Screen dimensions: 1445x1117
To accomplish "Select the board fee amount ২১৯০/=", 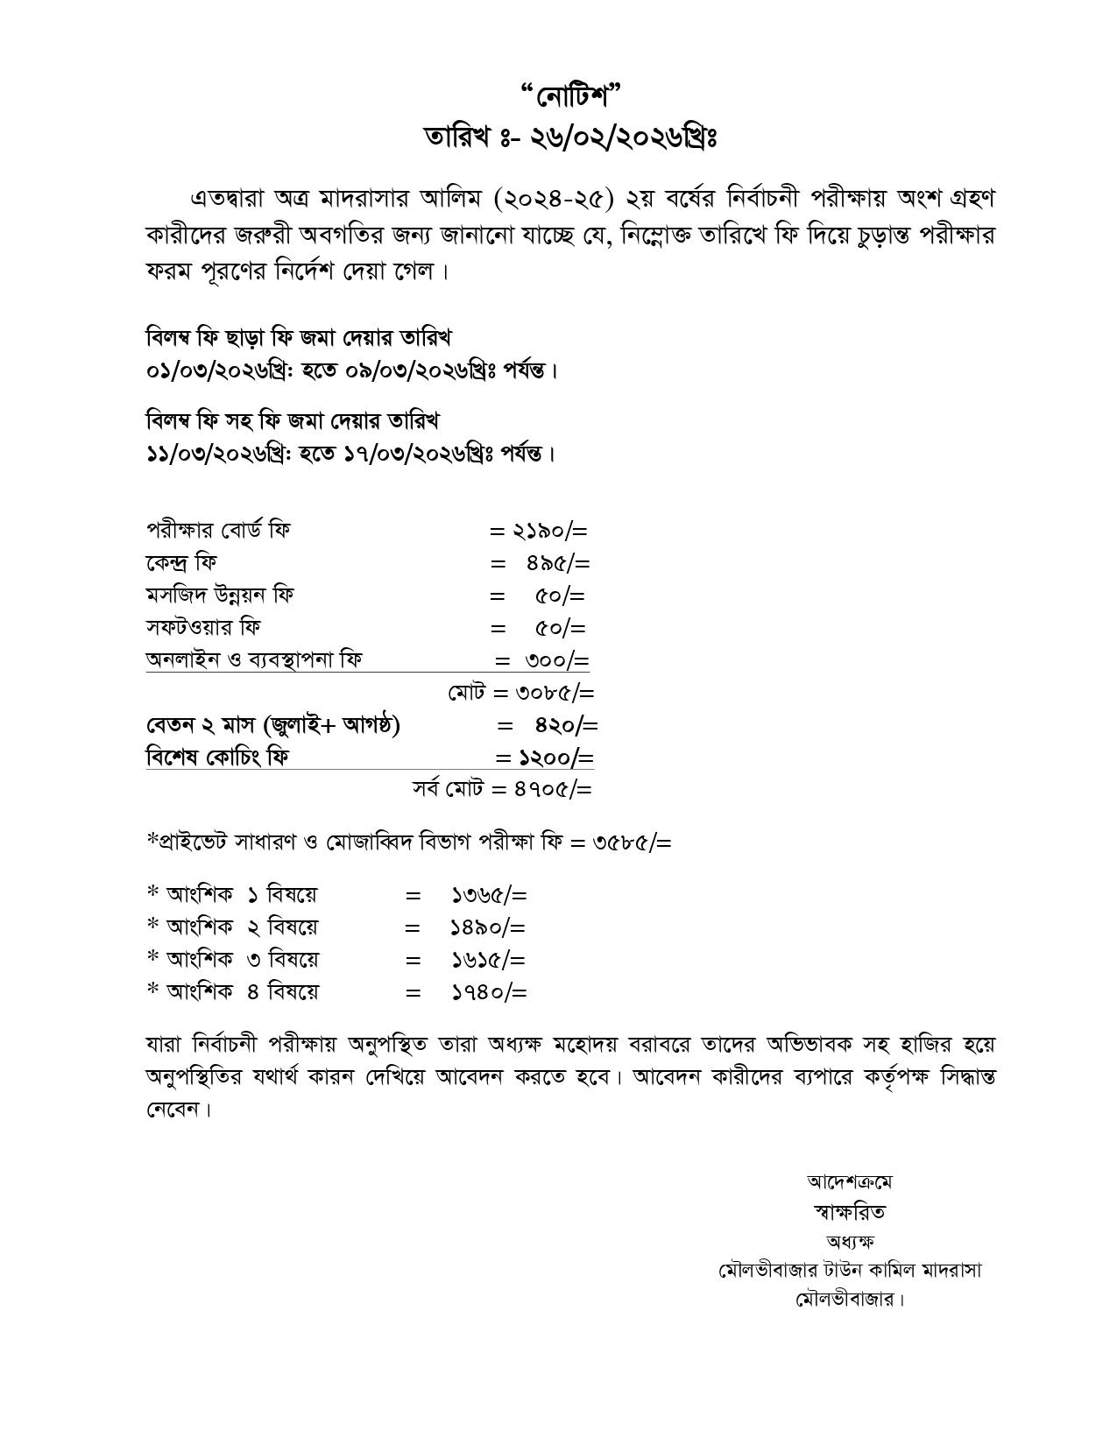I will click(550, 531).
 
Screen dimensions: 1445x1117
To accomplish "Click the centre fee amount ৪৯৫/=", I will click(557, 563).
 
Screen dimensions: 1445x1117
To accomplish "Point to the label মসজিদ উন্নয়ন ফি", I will click(220, 596).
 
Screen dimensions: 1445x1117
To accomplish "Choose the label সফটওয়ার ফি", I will click(203, 628).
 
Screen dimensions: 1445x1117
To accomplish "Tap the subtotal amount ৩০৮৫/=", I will click(555, 693).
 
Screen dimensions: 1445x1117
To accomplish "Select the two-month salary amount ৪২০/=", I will click(566, 725).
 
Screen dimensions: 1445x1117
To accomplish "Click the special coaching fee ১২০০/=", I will click(556, 758).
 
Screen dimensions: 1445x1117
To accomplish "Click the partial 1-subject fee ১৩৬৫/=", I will click(489, 895).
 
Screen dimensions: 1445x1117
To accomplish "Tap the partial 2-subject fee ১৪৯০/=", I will click(488, 927).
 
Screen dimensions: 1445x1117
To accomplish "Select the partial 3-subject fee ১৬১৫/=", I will click(488, 960).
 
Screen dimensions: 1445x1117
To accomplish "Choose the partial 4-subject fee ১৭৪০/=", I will click(489, 992).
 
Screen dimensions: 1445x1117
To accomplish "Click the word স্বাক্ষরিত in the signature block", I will click(849, 1212).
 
